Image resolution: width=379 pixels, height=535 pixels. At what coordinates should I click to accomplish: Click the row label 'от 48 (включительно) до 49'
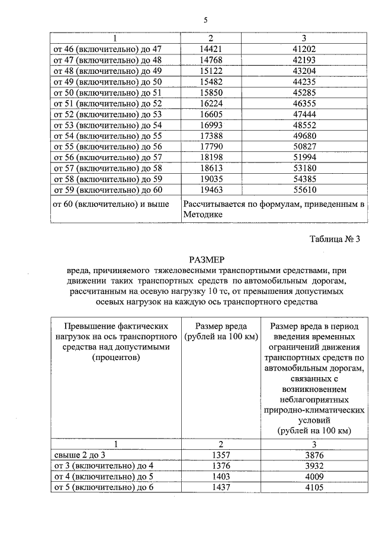(x=108, y=70)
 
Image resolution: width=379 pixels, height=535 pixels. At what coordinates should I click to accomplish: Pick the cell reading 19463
(x=211, y=190)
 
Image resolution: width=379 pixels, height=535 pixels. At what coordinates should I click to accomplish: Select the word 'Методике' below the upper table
(x=203, y=215)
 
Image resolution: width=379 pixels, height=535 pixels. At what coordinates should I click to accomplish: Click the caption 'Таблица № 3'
(x=334, y=239)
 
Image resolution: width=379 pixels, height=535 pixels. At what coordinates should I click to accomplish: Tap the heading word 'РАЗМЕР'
(x=207, y=260)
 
